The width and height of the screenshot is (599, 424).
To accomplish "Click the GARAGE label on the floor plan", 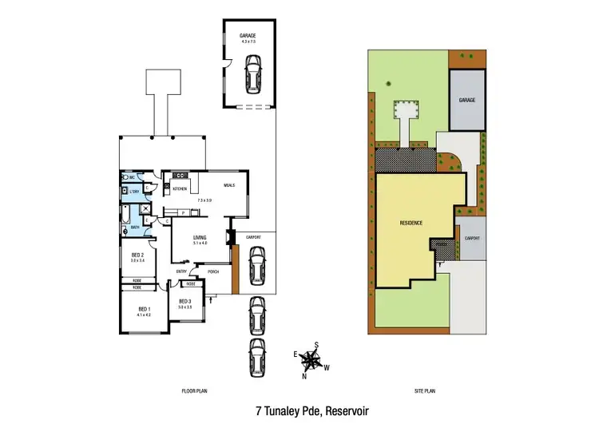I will click(x=248, y=36).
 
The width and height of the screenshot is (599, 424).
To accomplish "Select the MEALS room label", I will click(x=231, y=185).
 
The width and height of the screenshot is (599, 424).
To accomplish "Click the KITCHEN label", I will click(x=180, y=188).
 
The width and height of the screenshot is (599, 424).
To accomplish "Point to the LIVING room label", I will click(x=200, y=237).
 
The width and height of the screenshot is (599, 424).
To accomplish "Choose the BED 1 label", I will click(x=145, y=309).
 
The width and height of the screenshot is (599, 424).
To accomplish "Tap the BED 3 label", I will click(x=185, y=300).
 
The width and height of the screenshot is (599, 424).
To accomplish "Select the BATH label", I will click(x=135, y=228).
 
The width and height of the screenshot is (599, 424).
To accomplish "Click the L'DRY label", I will click(x=135, y=192).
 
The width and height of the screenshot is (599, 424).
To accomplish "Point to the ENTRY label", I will click(x=181, y=271).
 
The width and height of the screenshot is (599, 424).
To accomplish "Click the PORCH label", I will click(x=213, y=271).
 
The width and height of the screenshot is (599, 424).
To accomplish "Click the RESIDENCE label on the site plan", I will click(x=411, y=223).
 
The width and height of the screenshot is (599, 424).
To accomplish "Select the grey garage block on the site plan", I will click(x=467, y=101).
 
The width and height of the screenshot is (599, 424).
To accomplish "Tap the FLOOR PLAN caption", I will click(x=194, y=390).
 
